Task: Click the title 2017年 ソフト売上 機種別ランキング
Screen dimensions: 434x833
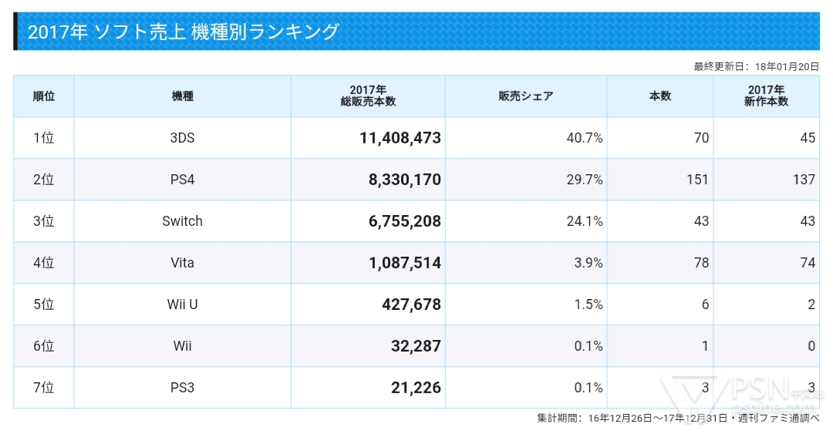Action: [x=183, y=32]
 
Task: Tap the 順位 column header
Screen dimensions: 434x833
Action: [x=43, y=96]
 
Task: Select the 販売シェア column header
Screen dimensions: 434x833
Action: [x=525, y=96]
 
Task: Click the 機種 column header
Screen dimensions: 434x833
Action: [x=182, y=96]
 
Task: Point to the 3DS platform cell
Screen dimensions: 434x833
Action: [x=182, y=138]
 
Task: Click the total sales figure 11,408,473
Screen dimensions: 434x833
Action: [x=400, y=138]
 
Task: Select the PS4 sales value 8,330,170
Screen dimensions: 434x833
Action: [x=404, y=180]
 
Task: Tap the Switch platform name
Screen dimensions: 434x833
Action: [x=182, y=221]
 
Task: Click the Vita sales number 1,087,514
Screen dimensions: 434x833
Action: [x=404, y=263]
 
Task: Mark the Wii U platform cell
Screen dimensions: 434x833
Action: [x=182, y=304]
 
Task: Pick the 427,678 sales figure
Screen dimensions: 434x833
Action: [x=411, y=304]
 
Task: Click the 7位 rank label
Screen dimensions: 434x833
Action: [x=43, y=388]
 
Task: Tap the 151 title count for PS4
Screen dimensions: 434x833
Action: [x=696, y=180]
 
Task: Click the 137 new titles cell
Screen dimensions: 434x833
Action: [x=803, y=180]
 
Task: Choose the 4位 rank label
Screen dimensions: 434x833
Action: [x=43, y=263]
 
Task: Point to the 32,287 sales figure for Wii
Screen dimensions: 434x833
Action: [x=416, y=346]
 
